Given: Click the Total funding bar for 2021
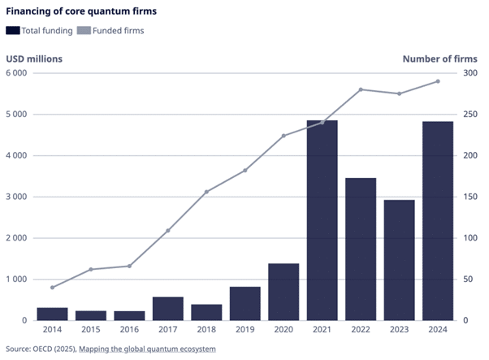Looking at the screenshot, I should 322,220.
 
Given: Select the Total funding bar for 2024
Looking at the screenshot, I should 438,220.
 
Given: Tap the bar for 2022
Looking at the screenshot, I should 361,249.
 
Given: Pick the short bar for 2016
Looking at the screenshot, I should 129,315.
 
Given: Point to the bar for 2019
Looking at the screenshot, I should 245,303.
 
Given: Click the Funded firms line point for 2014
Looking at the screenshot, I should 53,288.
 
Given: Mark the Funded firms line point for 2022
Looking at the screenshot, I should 361,89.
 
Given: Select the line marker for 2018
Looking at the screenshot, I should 206,192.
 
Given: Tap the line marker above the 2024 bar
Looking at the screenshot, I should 438,81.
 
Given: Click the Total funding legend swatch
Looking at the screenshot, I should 13,31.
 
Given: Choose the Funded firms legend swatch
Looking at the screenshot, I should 84,31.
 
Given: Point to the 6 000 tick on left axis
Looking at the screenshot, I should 16,73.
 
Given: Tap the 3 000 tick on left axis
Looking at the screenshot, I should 16,197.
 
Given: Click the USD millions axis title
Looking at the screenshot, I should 34,59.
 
